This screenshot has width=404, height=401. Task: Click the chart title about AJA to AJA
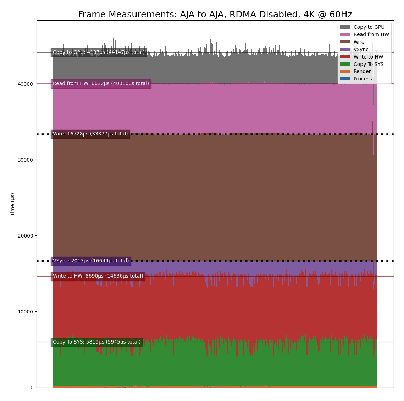tap(215, 15)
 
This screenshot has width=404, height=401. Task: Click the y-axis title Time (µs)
tap(13, 204)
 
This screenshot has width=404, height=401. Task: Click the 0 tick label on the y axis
tap(32, 388)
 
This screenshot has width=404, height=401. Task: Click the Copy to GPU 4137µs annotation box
tap(99, 52)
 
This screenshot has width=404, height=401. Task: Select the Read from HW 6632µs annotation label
tap(101, 84)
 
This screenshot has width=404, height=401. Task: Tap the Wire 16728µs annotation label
tap(90, 134)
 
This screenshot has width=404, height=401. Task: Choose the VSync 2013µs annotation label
tap(91, 261)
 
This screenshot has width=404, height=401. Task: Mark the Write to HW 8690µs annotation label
tap(98, 276)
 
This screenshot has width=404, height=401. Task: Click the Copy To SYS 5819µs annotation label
tap(96, 342)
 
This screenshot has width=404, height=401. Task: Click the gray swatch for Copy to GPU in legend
tap(344, 27)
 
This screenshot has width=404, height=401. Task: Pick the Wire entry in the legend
tap(359, 42)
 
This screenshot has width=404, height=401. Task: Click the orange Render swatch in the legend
tap(344, 72)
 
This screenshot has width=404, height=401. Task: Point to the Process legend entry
tap(363, 79)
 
